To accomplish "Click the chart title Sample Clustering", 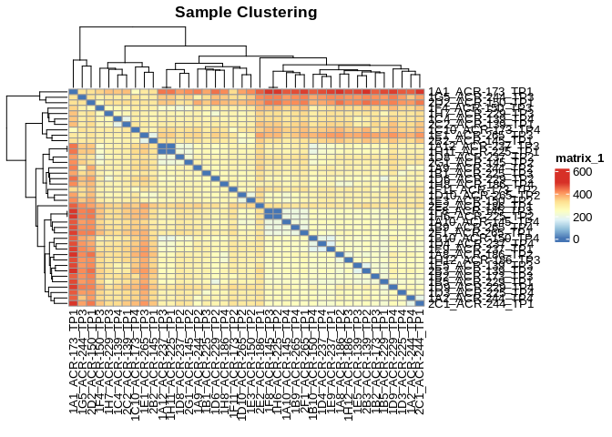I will (246, 13).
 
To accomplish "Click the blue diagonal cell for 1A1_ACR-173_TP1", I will (74, 91).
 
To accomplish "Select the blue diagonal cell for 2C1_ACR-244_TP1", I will (420, 302).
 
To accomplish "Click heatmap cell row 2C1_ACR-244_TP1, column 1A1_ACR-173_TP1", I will (74, 302).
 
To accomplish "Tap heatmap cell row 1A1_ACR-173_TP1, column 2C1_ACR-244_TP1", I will (420, 91).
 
